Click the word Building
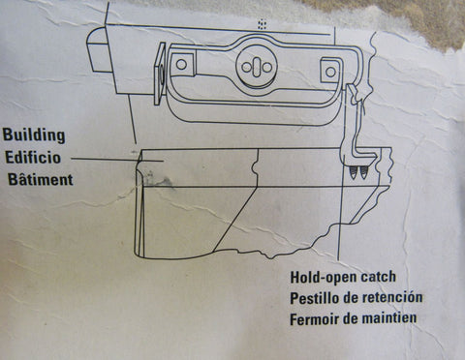coord(34,135)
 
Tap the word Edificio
coord(33,158)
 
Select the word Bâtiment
coord(41,179)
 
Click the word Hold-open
coord(324,278)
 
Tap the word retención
coord(391,297)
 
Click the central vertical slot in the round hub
coord(257,66)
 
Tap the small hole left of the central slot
coord(247,67)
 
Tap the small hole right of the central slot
coord(267,67)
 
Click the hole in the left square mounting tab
coord(182,64)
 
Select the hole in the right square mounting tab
coord(330,72)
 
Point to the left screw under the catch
coord(355,173)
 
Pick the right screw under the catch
coord(364,172)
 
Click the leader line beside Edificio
coord(117,160)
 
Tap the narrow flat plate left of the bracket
coord(160,74)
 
